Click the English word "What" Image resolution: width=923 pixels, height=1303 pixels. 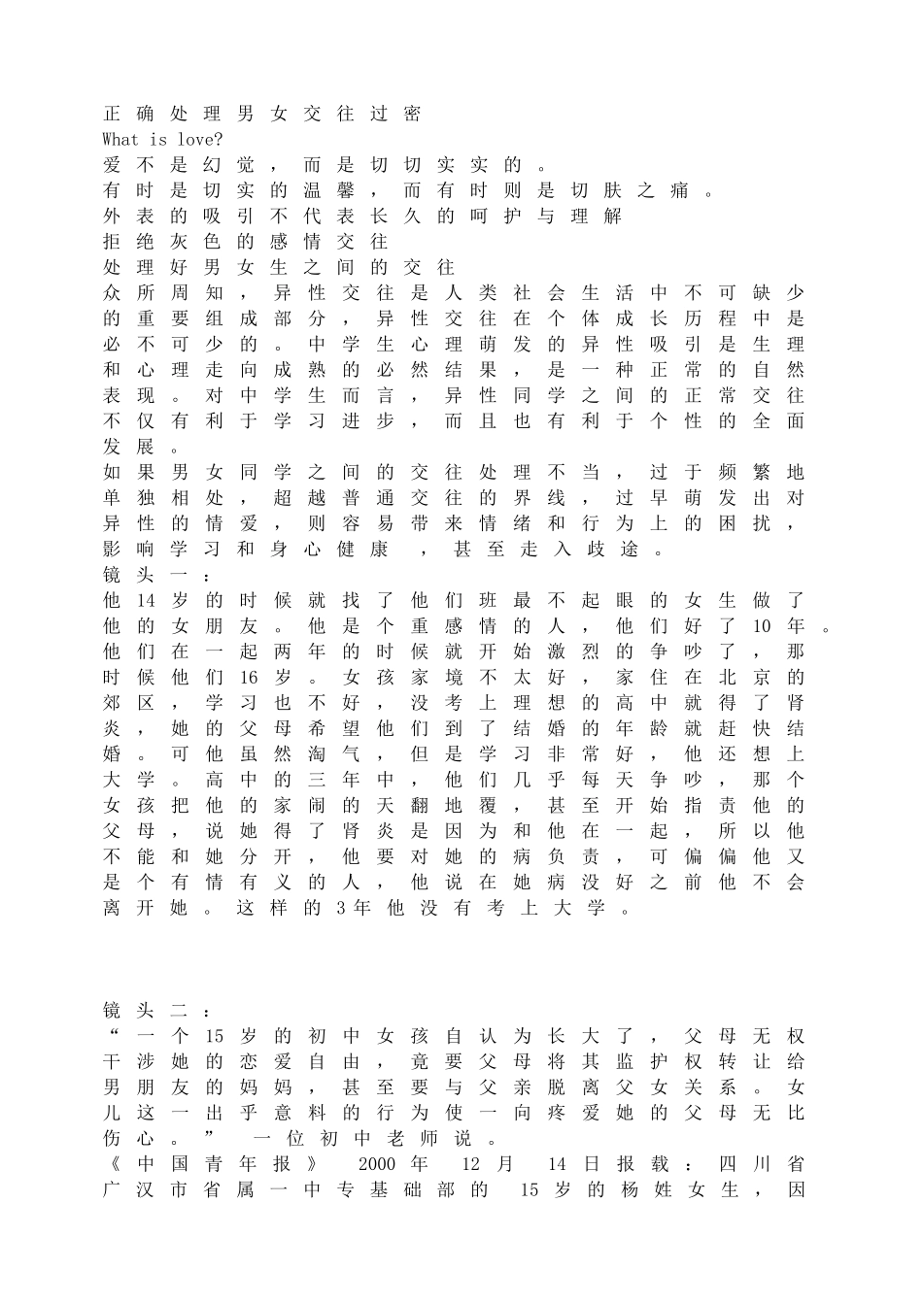click(x=121, y=139)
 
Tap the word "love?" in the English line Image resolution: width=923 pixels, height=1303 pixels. click(x=199, y=139)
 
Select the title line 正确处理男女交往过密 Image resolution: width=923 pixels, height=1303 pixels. click(x=262, y=114)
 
